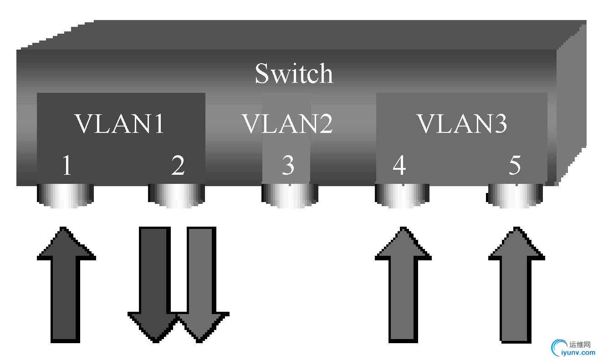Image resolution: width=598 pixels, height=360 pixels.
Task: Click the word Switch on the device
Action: pos(294,73)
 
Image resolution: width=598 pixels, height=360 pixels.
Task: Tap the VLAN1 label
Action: pos(119,123)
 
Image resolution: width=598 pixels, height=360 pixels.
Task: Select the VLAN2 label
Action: pos(287,123)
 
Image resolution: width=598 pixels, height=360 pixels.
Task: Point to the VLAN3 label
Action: pos(462,123)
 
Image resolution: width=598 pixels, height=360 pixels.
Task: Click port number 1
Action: pos(67,166)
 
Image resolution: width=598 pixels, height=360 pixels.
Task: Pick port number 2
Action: pos(178,166)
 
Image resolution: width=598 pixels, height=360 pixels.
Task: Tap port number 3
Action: pos(287,166)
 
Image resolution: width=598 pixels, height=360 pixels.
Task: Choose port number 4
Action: pos(399,166)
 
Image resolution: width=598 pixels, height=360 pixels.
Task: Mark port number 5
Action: pos(515,166)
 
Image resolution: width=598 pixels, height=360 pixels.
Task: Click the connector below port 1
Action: pos(65,196)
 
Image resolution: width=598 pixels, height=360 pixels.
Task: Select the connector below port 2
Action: pos(177,196)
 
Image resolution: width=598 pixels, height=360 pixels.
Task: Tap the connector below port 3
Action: pos(290,196)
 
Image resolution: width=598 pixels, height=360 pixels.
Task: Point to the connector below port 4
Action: pos(402,196)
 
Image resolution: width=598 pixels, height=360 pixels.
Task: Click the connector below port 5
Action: pos(515,196)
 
